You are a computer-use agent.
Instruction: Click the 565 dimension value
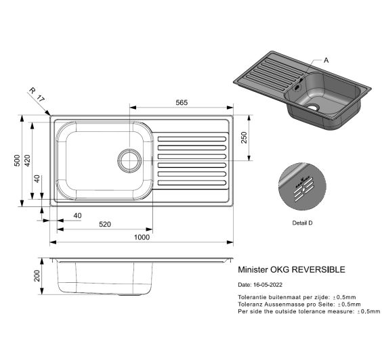tap(181, 102)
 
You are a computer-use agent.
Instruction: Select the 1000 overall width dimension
tap(142, 237)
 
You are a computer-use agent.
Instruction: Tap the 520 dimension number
tap(105, 224)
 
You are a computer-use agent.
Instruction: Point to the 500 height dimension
tap(18, 161)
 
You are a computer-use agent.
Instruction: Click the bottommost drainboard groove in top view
tap(192, 183)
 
